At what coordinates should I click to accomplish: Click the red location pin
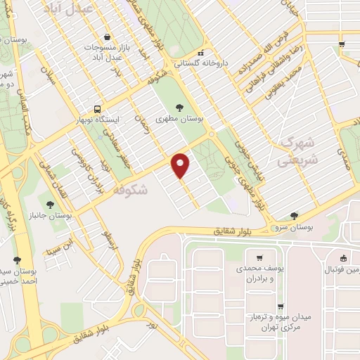(181, 165)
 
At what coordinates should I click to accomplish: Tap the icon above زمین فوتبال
(343, 257)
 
